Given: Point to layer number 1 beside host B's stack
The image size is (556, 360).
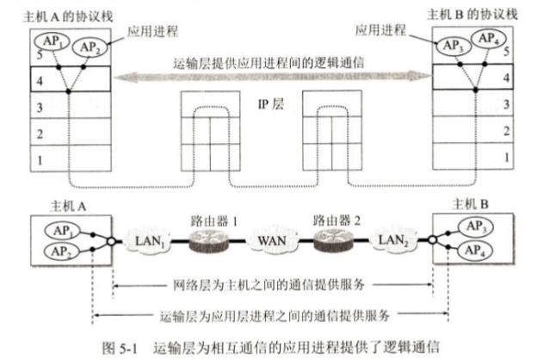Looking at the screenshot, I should pyautogui.click(x=507, y=158).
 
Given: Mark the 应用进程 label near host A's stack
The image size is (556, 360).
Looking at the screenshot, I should pyautogui.click(x=151, y=31).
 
